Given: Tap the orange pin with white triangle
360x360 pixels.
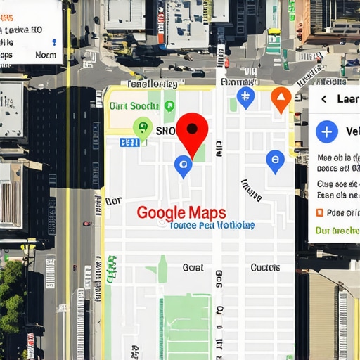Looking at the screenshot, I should tap(281, 98).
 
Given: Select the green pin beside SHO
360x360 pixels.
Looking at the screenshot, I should tap(143, 128).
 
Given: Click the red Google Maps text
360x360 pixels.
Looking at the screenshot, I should tap(181, 212).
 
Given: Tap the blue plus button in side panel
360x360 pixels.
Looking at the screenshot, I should tap(326, 131).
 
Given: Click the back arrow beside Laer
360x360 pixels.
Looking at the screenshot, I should tap(323, 99).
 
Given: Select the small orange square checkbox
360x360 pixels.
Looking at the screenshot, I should tap(319, 212).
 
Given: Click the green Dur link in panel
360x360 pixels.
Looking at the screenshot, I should tap(337, 230).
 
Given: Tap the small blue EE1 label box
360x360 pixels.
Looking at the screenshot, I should tap(129, 142).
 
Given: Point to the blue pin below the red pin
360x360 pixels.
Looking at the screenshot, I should tap(183, 166).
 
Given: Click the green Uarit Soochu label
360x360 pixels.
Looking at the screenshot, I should tap(134, 106).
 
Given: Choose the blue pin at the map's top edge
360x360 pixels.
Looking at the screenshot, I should tap(245, 97).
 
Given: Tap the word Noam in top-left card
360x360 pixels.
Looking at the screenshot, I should tap(46, 55).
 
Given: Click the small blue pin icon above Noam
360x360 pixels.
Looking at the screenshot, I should tap(54, 42).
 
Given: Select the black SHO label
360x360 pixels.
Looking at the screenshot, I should tap(166, 131).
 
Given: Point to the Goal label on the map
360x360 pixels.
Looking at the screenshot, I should tap(193, 268).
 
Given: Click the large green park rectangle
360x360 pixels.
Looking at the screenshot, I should tap(186, 327).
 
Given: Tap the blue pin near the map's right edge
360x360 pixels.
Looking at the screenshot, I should tap(276, 161).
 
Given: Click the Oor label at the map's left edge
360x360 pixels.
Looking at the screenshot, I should tap(113, 201).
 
